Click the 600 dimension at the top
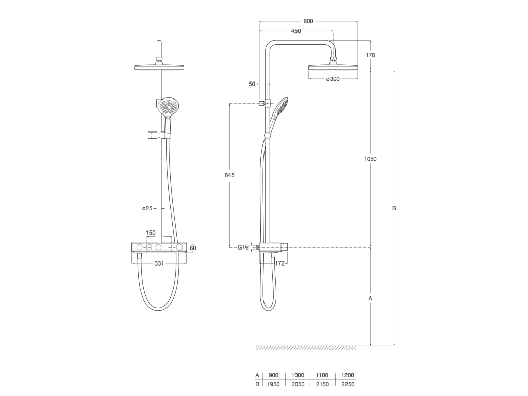pos(308,21)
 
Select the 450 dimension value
pos(296,31)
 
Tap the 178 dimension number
pos(370,55)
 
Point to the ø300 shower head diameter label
pos(333,79)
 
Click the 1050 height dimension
pos(370,159)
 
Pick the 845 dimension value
pos(229,175)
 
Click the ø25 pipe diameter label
pos(147,208)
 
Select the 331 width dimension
pos(159,263)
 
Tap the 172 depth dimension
pos(279,263)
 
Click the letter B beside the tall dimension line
pos(394,208)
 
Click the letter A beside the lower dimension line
pos(370,298)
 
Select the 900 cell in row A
pos(273,375)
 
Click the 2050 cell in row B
pos(298,384)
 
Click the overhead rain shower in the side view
pos(333,67)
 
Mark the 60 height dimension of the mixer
pos(193,248)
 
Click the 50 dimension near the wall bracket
pos(252,84)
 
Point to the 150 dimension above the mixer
pos(150,233)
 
